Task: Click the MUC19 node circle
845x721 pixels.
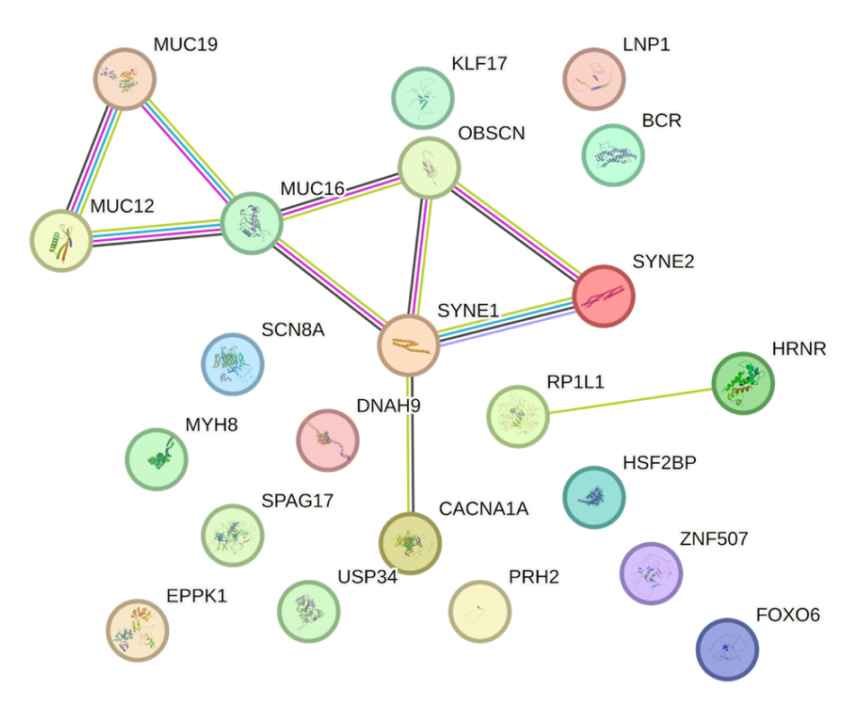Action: [x=126, y=79]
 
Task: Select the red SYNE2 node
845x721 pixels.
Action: [x=603, y=296]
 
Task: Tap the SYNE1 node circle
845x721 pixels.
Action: [x=407, y=345]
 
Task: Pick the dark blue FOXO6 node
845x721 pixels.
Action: [x=726, y=648]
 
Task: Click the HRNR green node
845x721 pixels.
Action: [x=742, y=383]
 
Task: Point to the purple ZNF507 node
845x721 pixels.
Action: [x=651, y=574]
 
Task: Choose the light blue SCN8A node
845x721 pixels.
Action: [x=232, y=364]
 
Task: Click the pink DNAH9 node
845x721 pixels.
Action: [x=327, y=440]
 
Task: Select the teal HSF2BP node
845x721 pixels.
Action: [x=593, y=496]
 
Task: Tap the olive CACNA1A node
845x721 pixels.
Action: [x=409, y=543]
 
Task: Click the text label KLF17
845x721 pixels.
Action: [x=479, y=64]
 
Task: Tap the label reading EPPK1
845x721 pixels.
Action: [x=197, y=596]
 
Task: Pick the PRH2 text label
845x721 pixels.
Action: [x=534, y=577]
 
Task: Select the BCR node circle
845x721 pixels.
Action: [x=613, y=155]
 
